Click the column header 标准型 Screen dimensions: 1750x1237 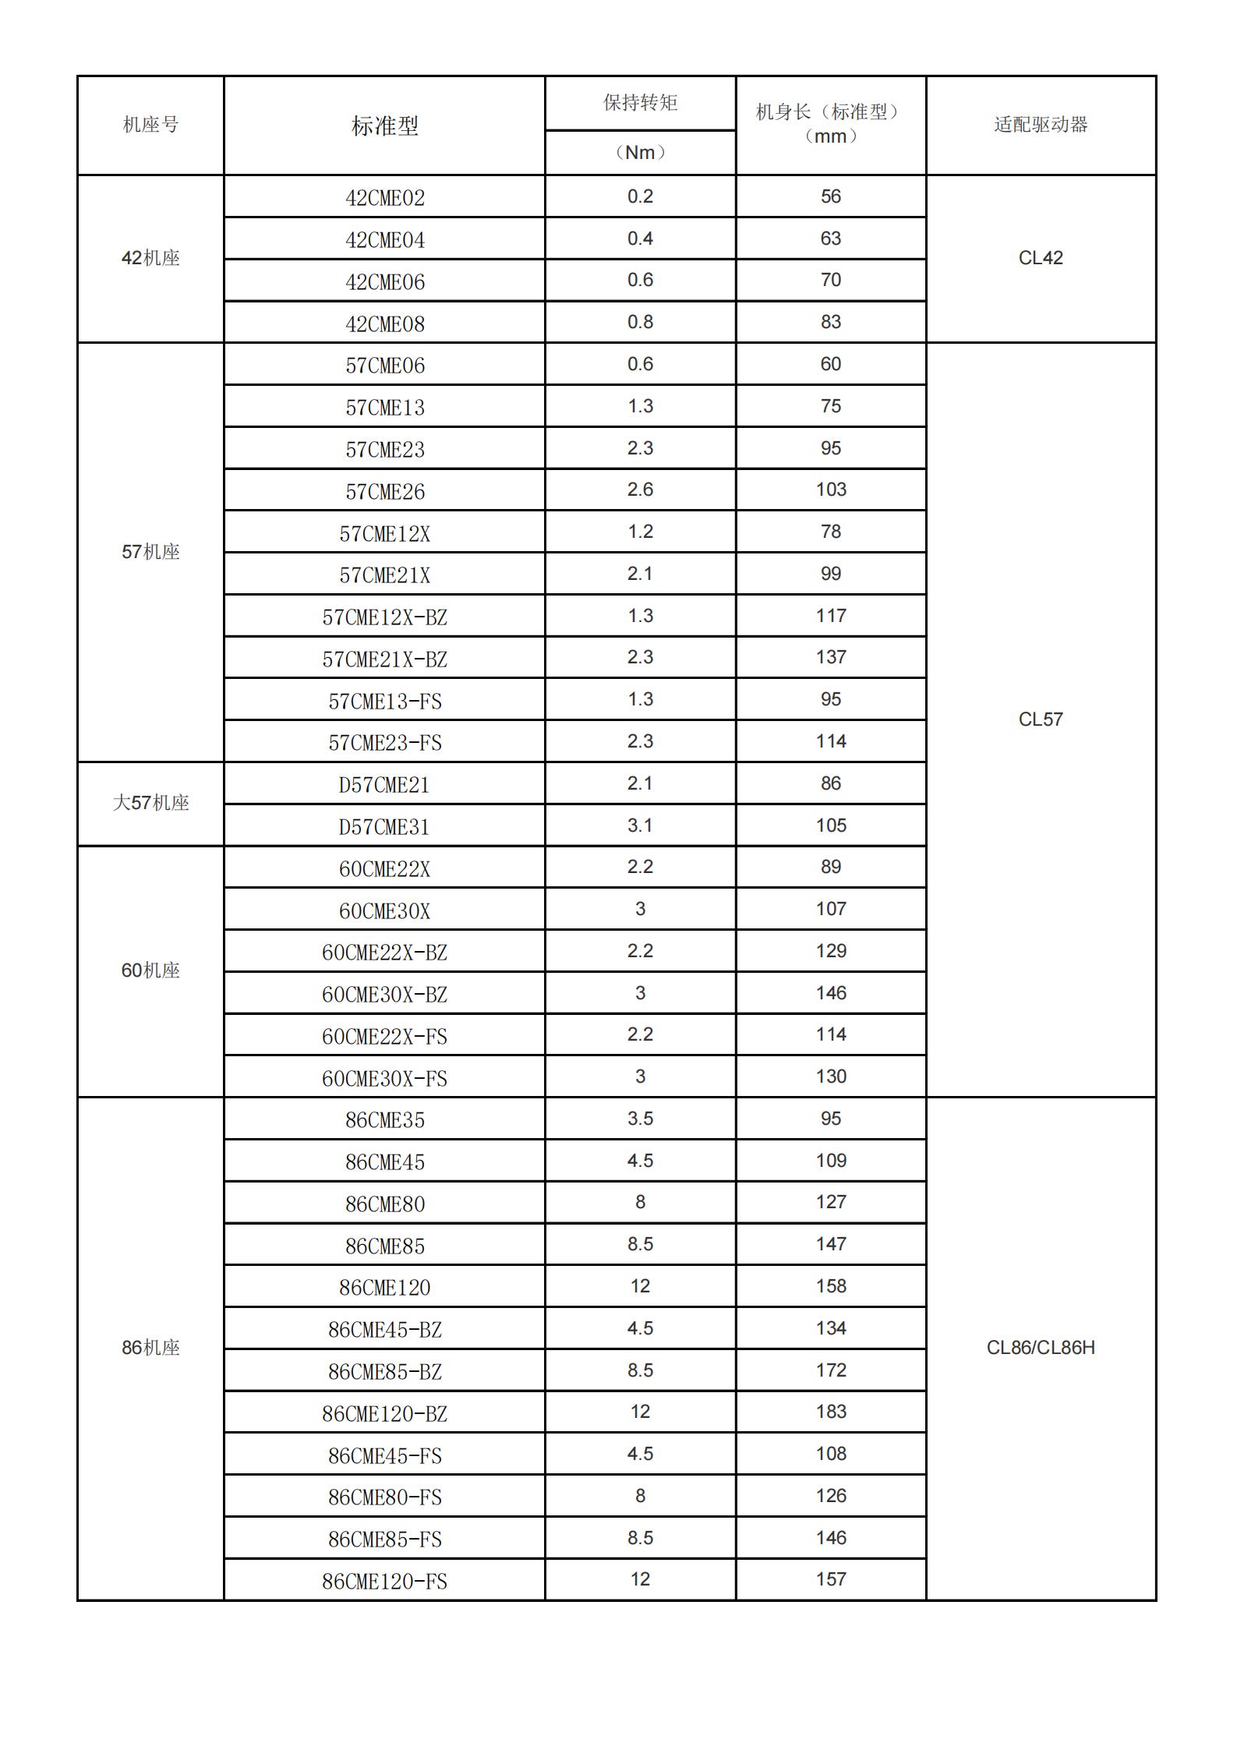[384, 126]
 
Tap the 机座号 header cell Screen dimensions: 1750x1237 [150, 125]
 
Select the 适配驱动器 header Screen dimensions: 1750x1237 [1041, 125]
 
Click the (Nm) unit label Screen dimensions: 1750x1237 [640, 153]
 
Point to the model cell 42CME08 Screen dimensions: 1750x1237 [384, 323]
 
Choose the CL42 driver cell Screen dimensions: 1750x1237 [1041, 258]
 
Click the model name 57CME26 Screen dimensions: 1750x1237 [384, 492]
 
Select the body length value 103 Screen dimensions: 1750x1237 [831, 490]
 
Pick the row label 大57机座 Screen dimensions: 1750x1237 [150, 803]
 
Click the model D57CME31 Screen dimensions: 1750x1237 [384, 827]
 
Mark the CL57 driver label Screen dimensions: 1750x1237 [1041, 719]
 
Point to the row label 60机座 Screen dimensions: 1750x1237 [150, 970]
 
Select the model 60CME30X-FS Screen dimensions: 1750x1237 [384, 1079]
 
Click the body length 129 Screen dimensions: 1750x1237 [831, 951]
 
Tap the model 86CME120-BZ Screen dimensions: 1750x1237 [384, 1414]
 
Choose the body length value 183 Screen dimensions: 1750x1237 [831, 1412]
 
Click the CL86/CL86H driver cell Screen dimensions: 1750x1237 [1041, 1348]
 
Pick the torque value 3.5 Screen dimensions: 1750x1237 [640, 1119]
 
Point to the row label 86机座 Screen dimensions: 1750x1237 [150, 1348]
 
